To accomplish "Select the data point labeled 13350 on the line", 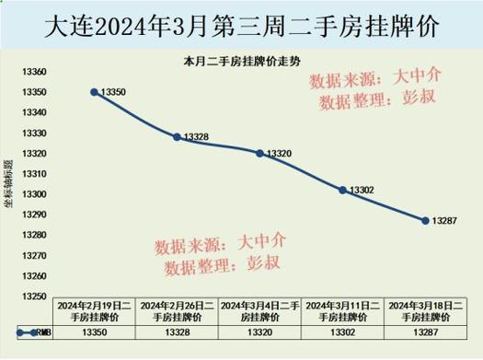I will pyautogui.click(x=95, y=92).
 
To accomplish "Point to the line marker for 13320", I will pyautogui.click(x=260, y=153).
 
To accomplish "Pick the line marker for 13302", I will pyautogui.click(x=342, y=190).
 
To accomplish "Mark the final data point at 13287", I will pyautogui.click(x=425, y=220).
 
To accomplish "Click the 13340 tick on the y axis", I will pyautogui.click(x=31, y=112).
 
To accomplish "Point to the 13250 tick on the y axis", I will pyautogui.click(x=31, y=296).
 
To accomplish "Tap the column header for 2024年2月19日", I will pyautogui.click(x=95, y=310).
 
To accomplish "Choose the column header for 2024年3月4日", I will pyautogui.click(x=260, y=310).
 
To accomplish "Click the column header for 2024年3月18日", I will pyautogui.click(x=425, y=310).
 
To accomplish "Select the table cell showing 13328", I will pyautogui.click(x=178, y=331).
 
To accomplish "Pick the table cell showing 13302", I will pyautogui.click(x=342, y=331).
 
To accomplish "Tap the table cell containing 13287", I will pyautogui.click(x=425, y=331).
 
